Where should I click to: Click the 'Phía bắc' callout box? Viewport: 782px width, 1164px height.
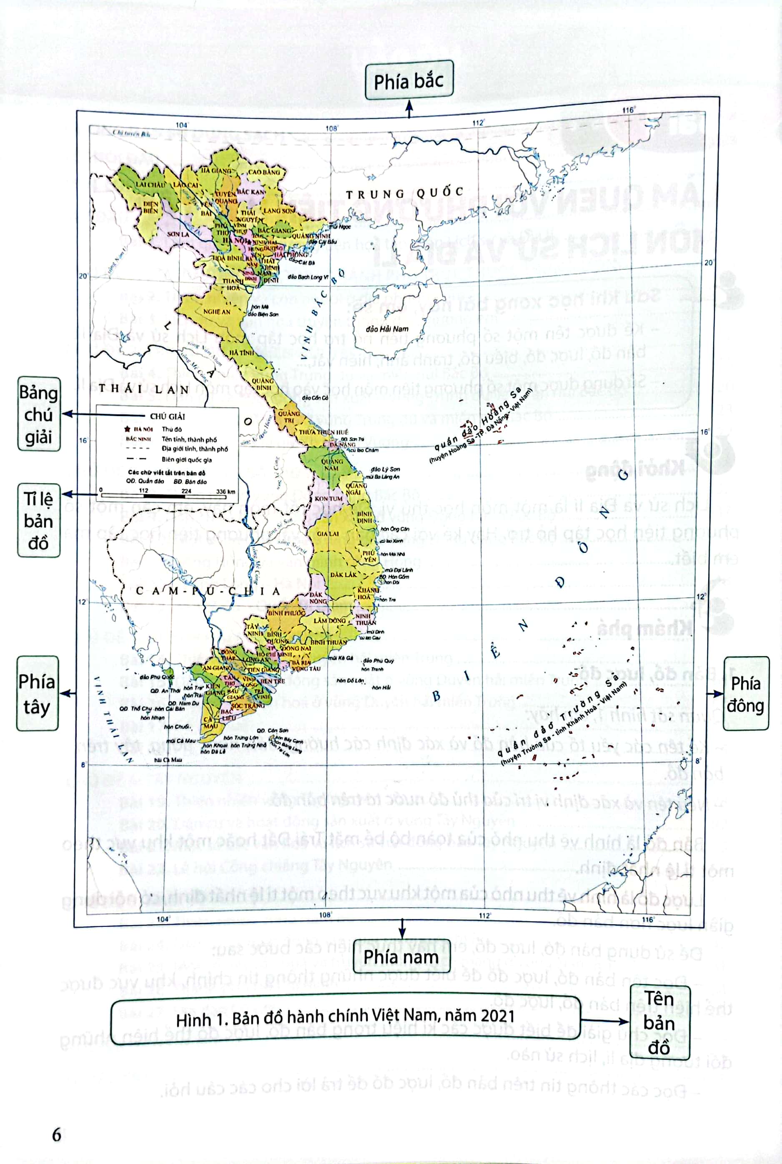click(x=409, y=80)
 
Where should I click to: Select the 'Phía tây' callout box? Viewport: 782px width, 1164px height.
click(x=38, y=694)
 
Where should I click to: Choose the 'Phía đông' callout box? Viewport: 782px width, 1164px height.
click(x=746, y=694)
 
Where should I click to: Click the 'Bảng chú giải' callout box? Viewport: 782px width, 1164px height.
click(x=39, y=414)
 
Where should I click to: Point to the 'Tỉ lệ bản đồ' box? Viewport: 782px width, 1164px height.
click(x=39, y=520)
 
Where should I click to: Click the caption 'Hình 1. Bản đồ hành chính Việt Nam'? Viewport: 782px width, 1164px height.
click(x=345, y=1017)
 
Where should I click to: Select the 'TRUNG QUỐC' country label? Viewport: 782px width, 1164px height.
click(x=405, y=193)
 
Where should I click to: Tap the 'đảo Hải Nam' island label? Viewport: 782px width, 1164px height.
click(x=387, y=329)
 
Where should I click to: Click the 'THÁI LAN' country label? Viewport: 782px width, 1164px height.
click(x=144, y=389)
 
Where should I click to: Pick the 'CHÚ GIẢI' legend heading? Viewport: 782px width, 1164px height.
click(x=168, y=416)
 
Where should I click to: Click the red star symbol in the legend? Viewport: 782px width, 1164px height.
click(x=127, y=429)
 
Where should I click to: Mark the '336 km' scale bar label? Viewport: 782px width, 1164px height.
click(x=226, y=491)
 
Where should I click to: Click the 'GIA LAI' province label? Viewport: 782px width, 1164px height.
click(x=328, y=534)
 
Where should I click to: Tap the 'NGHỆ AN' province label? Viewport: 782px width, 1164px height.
click(x=216, y=312)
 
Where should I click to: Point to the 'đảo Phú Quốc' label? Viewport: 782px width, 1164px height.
click(x=157, y=677)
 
